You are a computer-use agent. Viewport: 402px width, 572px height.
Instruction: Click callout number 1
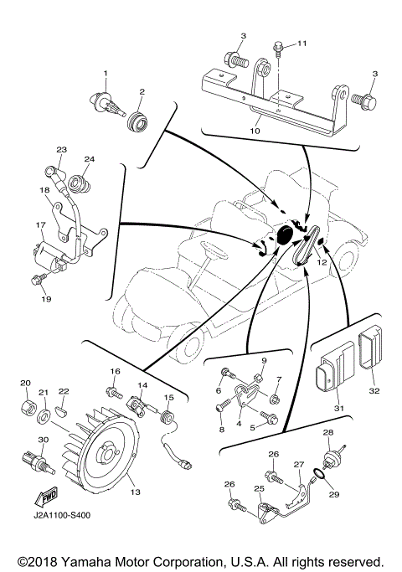(106, 75)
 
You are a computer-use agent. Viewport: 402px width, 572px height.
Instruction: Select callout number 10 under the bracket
(255, 131)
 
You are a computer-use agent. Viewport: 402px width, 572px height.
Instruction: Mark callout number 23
(61, 150)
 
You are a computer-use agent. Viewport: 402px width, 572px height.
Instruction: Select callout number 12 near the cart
(321, 262)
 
